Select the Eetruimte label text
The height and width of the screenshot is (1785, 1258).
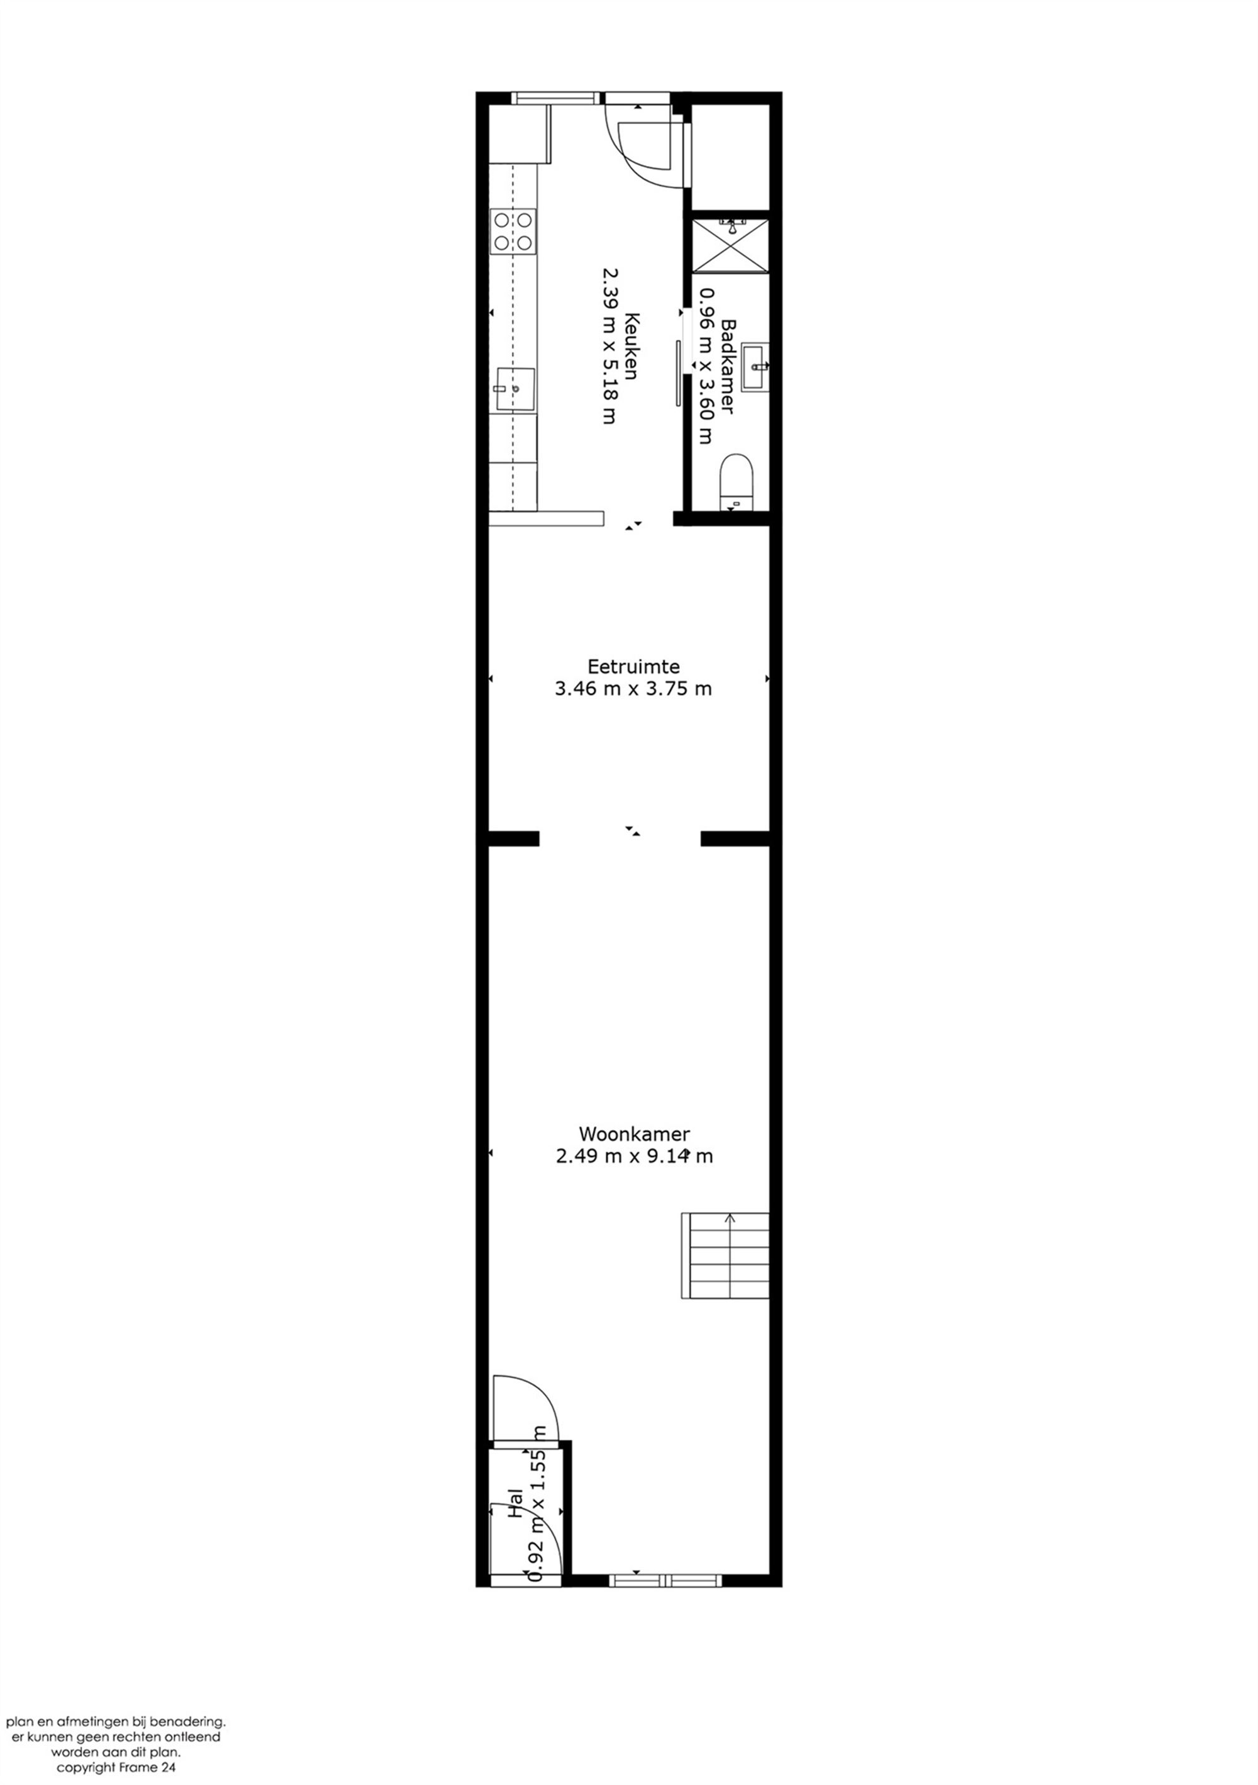(633, 666)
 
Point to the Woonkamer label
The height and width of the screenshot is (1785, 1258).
(633, 1133)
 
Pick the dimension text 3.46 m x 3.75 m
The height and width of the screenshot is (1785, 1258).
(633, 688)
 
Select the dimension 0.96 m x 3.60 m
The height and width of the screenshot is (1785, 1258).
(706, 365)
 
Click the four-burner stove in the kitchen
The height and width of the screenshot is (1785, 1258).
(513, 231)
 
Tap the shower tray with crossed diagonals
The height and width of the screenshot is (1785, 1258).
(730, 246)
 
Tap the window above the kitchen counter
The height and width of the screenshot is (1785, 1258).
(557, 98)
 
